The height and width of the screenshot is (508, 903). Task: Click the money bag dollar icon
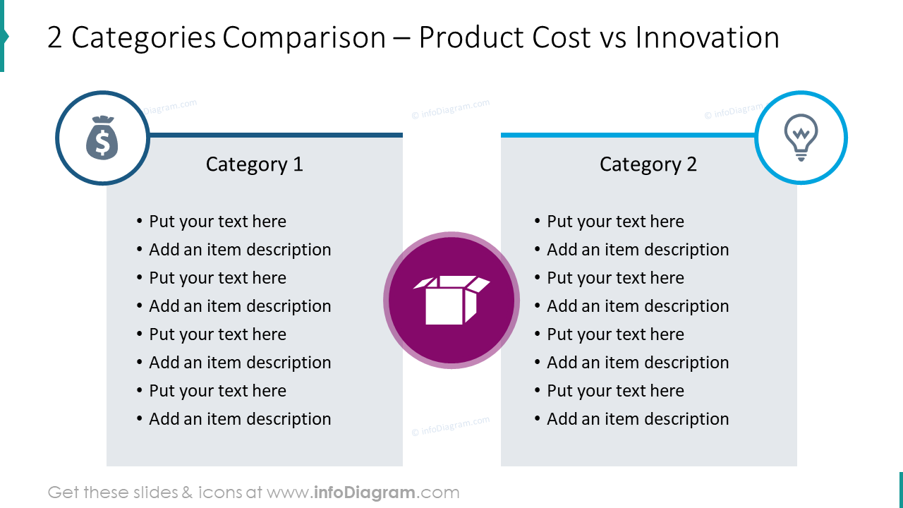pos(102,138)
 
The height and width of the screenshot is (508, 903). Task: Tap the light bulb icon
pos(801,138)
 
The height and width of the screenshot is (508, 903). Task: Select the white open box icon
pos(451,300)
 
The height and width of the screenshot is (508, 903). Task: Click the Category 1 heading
pos(254,164)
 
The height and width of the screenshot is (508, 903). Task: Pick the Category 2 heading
pos(648,164)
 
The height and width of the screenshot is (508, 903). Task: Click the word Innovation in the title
pos(707,37)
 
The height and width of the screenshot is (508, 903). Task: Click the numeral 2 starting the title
pos(55,37)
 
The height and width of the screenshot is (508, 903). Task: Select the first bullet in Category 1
pos(217,222)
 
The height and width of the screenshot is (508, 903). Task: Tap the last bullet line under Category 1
pos(240,419)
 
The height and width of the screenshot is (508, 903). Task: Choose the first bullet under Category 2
pos(615,222)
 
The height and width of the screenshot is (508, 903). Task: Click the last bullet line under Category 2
pos(638,419)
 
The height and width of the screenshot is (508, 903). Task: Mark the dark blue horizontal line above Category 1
pos(275,135)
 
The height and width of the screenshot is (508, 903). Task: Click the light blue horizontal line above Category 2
pos(628,135)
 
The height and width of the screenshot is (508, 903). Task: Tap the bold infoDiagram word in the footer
pos(365,492)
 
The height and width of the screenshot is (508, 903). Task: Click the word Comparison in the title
pos(304,37)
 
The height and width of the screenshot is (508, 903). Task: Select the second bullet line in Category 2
pos(638,250)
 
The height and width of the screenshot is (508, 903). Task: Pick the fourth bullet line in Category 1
pos(240,306)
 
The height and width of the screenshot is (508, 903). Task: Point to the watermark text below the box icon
pos(451,426)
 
